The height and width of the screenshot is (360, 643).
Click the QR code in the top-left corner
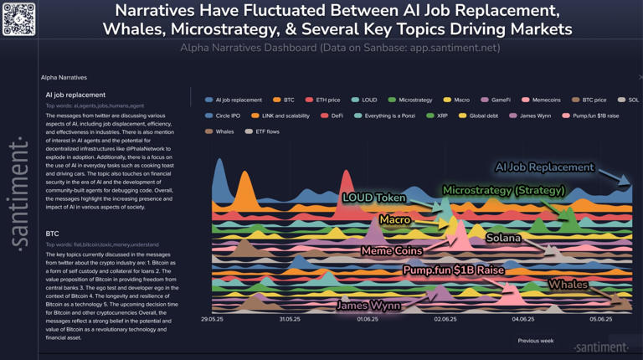(x=18, y=18)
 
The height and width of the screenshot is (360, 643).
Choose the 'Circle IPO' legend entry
(x=227, y=116)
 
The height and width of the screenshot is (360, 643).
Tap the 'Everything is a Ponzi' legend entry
(x=389, y=116)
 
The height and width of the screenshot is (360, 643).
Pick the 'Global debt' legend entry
(x=483, y=116)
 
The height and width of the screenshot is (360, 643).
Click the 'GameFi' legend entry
(x=500, y=100)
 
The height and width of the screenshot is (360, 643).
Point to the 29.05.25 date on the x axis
(x=213, y=319)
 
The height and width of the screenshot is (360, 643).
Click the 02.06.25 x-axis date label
(x=445, y=319)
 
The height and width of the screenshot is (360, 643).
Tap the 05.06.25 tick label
(x=599, y=319)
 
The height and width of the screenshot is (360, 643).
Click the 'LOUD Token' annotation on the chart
(x=373, y=198)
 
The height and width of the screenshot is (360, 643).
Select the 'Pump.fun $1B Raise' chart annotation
(x=453, y=270)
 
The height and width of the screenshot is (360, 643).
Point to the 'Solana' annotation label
(x=503, y=238)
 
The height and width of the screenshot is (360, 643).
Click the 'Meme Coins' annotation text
(x=391, y=251)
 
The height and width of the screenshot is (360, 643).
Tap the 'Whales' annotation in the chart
(x=568, y=285)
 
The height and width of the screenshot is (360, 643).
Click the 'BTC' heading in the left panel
(x=52, y=234)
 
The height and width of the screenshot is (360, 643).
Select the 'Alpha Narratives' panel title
(x=64, y=77)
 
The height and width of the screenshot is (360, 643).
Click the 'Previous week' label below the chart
(x=535, y=341)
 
